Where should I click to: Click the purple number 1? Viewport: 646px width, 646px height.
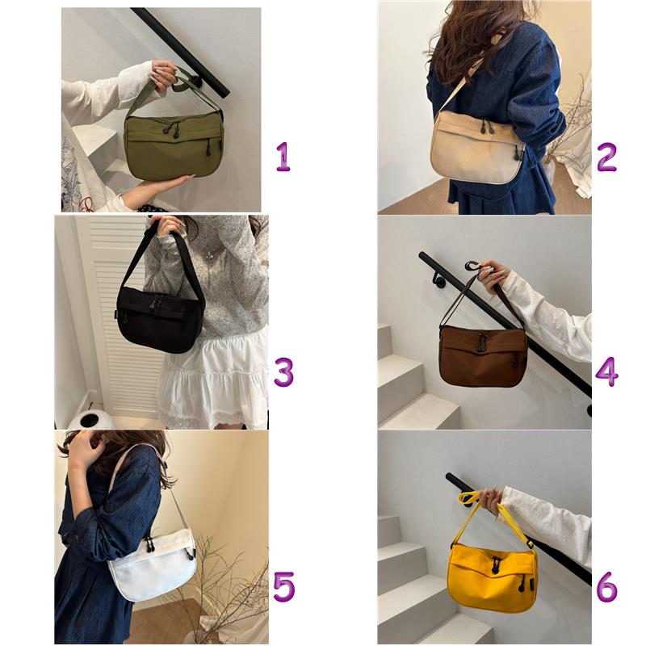[283, 157]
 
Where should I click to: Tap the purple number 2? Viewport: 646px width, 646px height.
[606, 157]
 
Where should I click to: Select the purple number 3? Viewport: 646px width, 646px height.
[284, 371]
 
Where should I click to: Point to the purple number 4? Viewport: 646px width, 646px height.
[606, 371]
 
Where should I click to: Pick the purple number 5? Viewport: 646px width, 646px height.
[284, 586]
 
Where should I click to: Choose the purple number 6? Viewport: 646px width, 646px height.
[607, 586]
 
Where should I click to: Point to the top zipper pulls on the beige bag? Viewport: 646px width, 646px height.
[486, 126]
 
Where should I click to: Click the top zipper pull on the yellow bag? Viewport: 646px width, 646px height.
[496, 566]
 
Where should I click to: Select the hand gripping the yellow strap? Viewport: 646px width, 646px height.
[491, 500]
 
